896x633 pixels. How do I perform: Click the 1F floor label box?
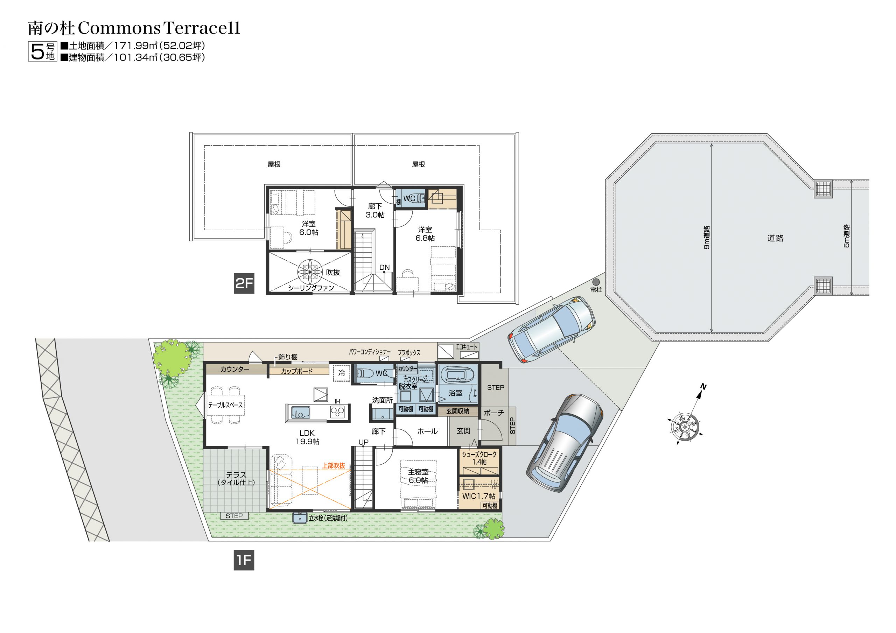click(x=244, y=561)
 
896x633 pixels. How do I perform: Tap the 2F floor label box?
click(x=244, y=283)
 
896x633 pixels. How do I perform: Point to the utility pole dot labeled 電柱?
click(x=595, y=282)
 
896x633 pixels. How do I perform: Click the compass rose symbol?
click(x=685, y=424)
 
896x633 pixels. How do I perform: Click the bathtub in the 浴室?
click(x=457, y=375)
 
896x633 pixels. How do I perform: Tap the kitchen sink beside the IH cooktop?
click(x=301, y=413)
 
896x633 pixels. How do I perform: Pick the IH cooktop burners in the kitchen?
click(x=337, y=412)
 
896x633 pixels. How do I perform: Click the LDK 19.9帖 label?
click(x=308, y=437)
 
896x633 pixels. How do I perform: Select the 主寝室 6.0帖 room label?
click(x=418, y=476)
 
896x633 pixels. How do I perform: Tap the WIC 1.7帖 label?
click(x=479, y=496)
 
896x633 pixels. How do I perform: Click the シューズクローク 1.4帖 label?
click(x=479, y=458)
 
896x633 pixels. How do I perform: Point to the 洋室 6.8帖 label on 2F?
click(x=425, y=234)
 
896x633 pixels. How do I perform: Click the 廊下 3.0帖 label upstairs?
click(x=375, y=210)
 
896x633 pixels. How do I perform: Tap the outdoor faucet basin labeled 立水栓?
click(x=300, y=518)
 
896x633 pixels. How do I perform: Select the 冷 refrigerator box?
click(x=342, y=373)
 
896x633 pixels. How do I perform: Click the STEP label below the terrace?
click(x=234, y=516)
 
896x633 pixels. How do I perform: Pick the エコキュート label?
click(x=467, y=346)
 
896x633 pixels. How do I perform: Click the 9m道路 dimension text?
click(x=706, y=238)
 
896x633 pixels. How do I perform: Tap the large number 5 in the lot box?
click(x=37, y=51)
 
